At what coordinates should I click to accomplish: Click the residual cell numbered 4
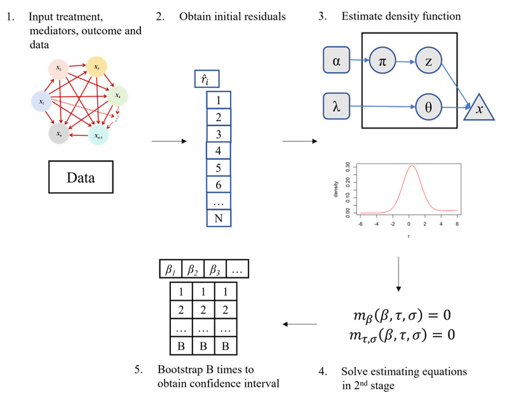coord(219,152)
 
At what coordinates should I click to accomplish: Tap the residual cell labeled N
coord(219,218)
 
